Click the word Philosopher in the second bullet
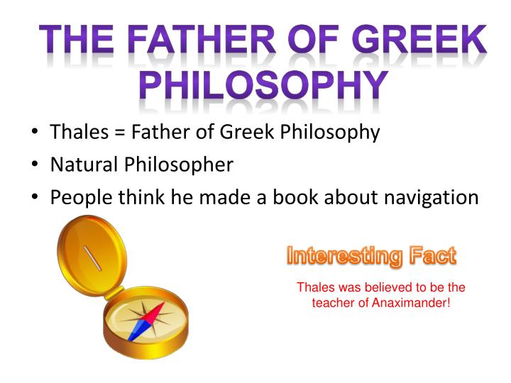(179, 165)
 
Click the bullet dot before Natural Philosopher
(35, 166)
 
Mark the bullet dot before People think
(35, 198)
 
